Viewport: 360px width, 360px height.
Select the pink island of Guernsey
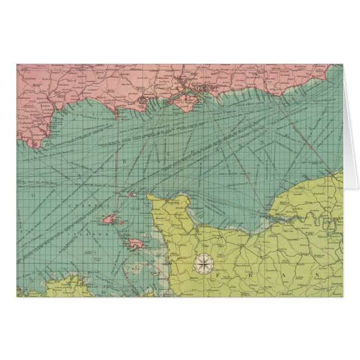tap(113, 217)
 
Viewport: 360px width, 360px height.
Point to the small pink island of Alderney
tap(132, 195)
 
